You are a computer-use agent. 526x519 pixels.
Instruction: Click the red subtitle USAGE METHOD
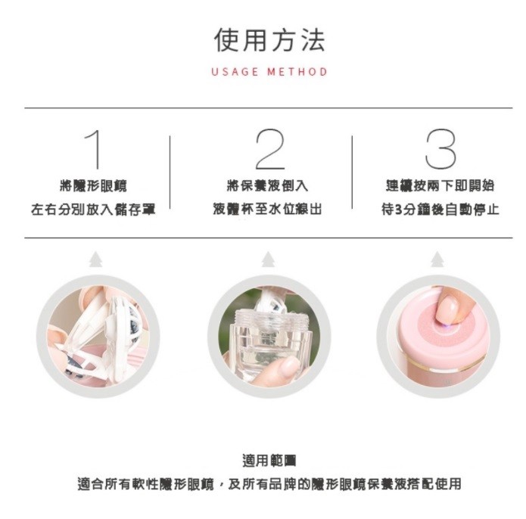coord(269,72)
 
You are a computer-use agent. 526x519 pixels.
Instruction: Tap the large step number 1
coord(93,149)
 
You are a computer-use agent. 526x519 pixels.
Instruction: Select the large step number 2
coord(269,149)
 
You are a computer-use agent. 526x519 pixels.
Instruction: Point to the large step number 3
coord(440,149)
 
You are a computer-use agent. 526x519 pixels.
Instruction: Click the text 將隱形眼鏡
coord(93,185)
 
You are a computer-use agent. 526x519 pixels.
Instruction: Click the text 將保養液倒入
coord(268,185)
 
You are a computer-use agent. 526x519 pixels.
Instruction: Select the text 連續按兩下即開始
coord(440,185)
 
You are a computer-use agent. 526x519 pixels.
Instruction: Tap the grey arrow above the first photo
coord(95,259)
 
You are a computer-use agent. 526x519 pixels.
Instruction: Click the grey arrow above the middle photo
coord(268,259)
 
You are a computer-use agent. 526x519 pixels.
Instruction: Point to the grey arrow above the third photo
coord(437,259)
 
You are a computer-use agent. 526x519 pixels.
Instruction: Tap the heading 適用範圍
coord(269,460)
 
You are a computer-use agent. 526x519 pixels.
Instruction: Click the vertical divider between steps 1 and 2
coord(170,172)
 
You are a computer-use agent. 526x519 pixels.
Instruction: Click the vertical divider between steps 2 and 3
coord(352,172)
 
